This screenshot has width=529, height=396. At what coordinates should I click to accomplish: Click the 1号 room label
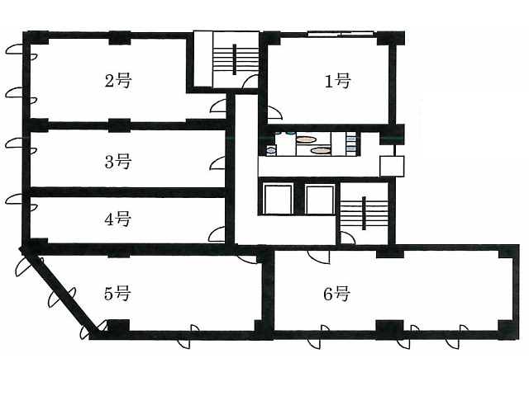tap(338, 81)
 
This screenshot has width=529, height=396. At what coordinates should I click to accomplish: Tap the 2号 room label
tap(117, 81)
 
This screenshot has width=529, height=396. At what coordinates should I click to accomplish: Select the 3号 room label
tap(117, 162)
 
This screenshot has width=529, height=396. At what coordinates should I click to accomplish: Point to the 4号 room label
tap(117, 219)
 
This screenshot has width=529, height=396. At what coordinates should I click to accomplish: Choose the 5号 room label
tap(117, 293)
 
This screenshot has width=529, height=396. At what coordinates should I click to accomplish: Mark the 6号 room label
tap(336, 294)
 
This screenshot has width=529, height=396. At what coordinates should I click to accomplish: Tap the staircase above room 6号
tap(364, 213)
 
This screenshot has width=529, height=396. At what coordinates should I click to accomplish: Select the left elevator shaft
tap(278, 199)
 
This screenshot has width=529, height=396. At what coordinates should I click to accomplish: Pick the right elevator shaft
tap(319, 199)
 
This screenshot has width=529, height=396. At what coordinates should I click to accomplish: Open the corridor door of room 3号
tap(217, 163)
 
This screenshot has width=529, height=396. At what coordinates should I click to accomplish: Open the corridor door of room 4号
tap(217, 234)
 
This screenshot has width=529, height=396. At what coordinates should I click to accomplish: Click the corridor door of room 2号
tap(218, 106)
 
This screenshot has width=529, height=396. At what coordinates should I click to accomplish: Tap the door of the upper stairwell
tap(250, 82)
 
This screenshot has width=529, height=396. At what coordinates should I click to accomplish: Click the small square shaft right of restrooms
tap(392, 166)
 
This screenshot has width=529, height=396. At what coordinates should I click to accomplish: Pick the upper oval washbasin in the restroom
tap(307, 139)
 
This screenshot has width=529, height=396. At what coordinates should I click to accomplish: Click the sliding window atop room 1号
tap(341, 33)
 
